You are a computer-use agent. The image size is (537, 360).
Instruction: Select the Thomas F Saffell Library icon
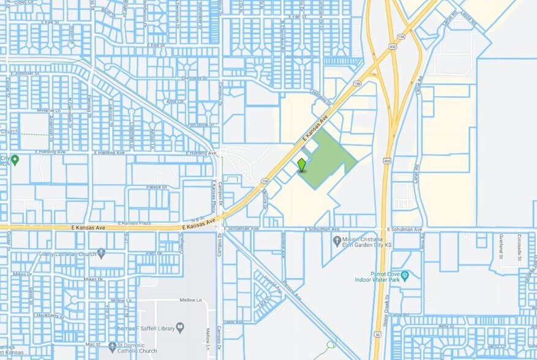pos(179,327)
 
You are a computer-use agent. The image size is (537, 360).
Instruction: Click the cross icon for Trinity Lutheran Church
pos(101,252)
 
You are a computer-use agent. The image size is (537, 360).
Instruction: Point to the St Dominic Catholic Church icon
pos(112,347)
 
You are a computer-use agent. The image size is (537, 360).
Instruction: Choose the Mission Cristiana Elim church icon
pos(337,241)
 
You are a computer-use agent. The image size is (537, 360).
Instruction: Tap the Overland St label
pos(500,247)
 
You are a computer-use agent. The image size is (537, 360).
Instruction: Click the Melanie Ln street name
pos(47,110)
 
